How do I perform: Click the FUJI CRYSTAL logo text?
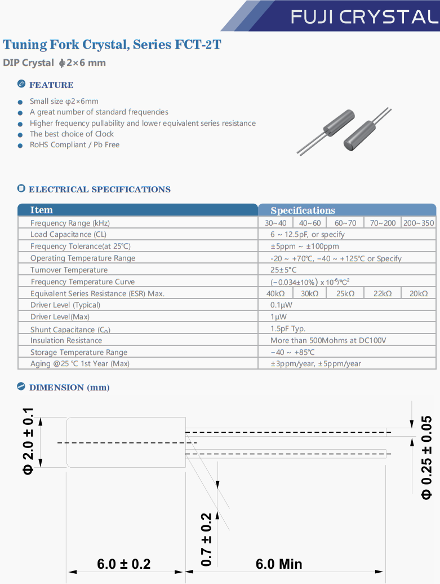pyautogui.click(x=364, y=17)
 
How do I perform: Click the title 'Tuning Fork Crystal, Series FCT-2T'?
pyautogui.click(x=112, y=45)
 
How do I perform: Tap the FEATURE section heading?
pyautogui.click(x=51, y=85)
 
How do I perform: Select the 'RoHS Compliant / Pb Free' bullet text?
pyautogui.click(x=74, y=144)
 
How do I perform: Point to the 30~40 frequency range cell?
pyautogui.click(x=275, y=223)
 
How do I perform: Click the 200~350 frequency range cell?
pyautogui.click(x=419, y=223)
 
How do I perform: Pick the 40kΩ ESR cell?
pyautogui.click(x=275, y=293)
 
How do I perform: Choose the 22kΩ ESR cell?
pyautogui.click(x=383, y=293)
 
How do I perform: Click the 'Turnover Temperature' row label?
pyautogui.click(x=69, y=270)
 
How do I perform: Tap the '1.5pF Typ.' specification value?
pyautogui.click(x=288, y=328)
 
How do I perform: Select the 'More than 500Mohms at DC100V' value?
pyautogui.click(x=328, y=340)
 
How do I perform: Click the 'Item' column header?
pyautogui.click(x=41, y=210)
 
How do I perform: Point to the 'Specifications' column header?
pyautogui.click(x=303, y=210)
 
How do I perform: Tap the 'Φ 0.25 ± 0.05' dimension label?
pyautogui.click(x=426, y=457)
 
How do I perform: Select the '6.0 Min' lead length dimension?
pyautogui.click(x=279, y=564)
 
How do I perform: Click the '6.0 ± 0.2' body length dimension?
pyautogui.click(x=124, y=564)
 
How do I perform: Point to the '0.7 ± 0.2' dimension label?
pyautogui.click(x=206, y=539)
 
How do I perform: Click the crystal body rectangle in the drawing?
pyautogui.click(x=126, y=442)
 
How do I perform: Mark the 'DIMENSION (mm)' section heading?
pyautogui.click(x=69, y=388)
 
